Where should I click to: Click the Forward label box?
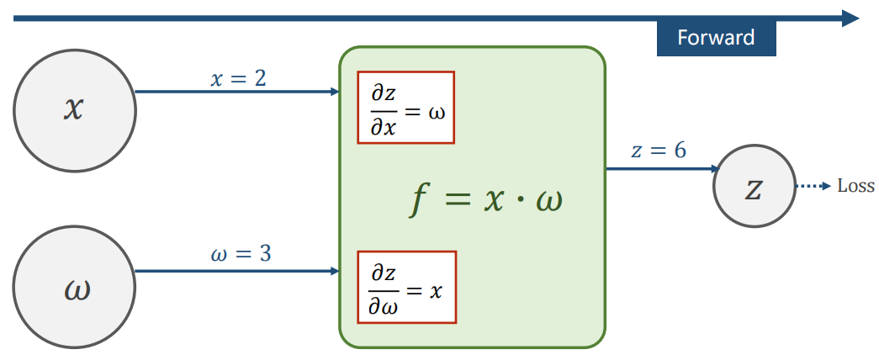coord(716,38)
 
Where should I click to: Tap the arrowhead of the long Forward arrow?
coord(850,18)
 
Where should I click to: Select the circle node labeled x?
coord(75,109)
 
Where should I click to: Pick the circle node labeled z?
coord(754,188)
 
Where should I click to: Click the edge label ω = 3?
coord(240,253)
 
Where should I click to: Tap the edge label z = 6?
coord(659,151)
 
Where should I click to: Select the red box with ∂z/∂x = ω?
coord(405,107)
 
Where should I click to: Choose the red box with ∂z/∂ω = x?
coord(405,287)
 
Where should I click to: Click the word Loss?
coord(855,187)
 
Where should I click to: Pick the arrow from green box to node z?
coord(659,169)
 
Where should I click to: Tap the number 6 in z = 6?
coord(679,151)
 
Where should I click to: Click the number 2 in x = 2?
coord(260,78)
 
